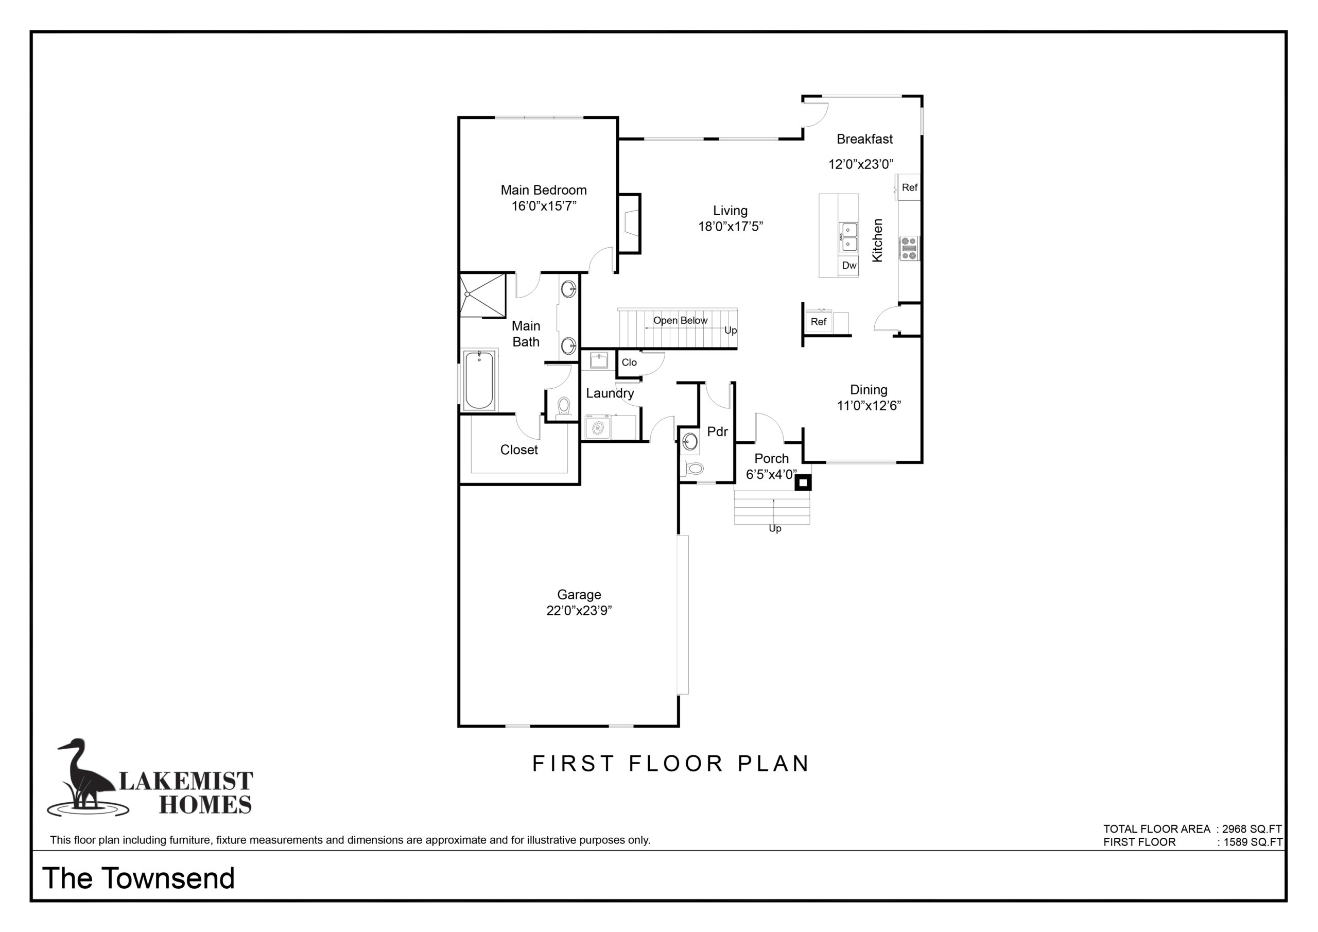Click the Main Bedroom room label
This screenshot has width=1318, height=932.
544,190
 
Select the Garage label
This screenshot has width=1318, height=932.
579,595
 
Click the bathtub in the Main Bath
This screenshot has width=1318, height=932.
479,380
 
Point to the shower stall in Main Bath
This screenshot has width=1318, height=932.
483,295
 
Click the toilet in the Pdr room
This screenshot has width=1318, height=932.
693,469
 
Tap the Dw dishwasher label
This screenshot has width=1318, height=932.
849,265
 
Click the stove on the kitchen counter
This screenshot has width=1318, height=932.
909,249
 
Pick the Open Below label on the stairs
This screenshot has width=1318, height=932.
680,320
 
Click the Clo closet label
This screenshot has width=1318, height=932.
629,363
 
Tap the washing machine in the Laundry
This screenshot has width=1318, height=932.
598,427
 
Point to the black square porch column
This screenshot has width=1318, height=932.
803,483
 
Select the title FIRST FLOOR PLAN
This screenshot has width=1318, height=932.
670,764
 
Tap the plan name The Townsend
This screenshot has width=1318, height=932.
138,878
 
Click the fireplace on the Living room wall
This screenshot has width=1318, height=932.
629,224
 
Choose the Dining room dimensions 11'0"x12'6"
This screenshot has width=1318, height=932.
869,405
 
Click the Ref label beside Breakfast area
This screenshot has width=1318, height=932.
909,187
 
